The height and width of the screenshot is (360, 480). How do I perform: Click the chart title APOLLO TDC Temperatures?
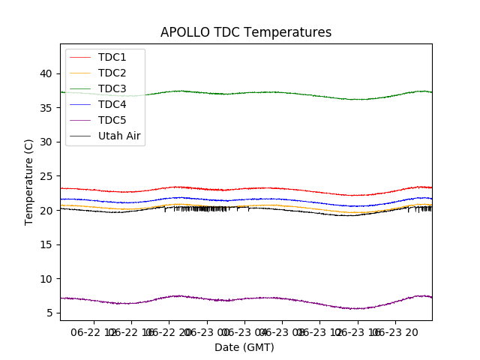pos(246,32)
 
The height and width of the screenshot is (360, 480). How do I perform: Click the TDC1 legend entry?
pos(112,57)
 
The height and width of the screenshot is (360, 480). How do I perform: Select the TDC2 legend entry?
pos(112,73)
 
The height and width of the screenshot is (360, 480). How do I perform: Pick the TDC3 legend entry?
pos(112,88)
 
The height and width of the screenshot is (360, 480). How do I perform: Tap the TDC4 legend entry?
pos(112,104)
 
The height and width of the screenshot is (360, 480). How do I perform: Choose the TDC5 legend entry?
pos(112,120)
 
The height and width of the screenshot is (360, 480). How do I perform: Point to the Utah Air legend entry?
pos(119,136)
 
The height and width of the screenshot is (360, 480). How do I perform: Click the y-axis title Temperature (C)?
pos(29,181)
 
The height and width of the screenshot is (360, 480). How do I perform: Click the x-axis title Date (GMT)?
pos(244,347)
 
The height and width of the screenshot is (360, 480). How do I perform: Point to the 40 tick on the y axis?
pos(46,73)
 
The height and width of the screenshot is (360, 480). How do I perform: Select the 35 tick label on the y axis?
pos(46,108)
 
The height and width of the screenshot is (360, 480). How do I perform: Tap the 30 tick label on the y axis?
pos(46,142)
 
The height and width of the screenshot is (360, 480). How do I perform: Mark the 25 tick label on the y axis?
pos(46,176)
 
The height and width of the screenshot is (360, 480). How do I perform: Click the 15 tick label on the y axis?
pos(46,244)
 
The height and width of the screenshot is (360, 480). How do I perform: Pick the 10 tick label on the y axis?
pos(46,279)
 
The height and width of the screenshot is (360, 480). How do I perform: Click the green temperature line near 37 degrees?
pos(247,93)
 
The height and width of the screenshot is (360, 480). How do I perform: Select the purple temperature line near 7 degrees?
pos(247,298)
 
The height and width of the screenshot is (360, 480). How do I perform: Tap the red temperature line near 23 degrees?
pos(247,189)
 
